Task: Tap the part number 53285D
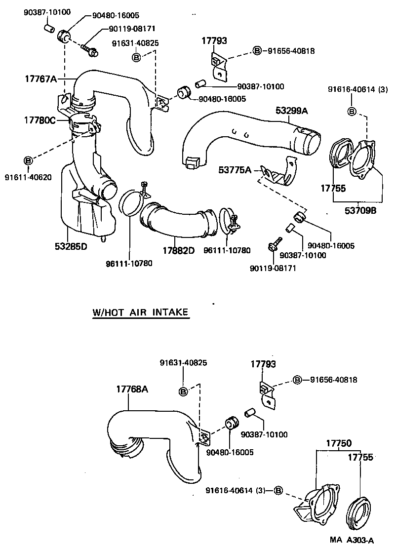tap(71, 246)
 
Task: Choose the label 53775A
tap(235, 170)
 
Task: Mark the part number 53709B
tap(360, 210)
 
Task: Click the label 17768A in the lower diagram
tap(132, 389)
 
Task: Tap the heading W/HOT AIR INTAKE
tap(141, 313)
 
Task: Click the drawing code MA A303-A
tap(352, 541)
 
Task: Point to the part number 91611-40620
tap(28, 177)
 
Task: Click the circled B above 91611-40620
tap(28, 160)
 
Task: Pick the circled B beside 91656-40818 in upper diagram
tap(257, 50)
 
